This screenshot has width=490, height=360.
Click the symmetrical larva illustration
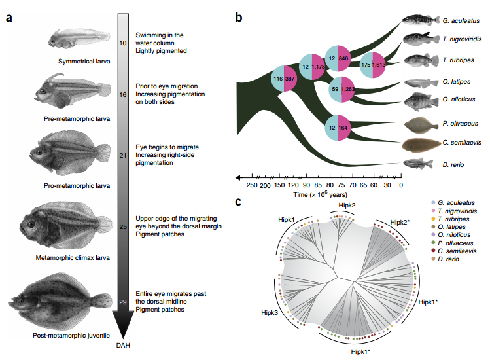click(79, 39)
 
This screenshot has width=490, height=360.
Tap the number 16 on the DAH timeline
click(123, 94)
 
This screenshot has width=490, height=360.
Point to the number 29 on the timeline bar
click(123, 302)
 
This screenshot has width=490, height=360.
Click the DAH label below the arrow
click(123, 346)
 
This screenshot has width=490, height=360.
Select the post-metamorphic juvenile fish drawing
click(61, 300)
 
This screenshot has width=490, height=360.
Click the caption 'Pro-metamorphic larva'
click(77, 185)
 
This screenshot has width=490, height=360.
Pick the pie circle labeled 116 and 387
click(284, 79)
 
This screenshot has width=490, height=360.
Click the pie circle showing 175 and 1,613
click(373, 65)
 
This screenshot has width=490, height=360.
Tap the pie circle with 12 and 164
click(338, 128)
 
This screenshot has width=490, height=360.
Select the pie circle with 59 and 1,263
click(341, 89)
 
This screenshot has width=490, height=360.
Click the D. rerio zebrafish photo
click(418, 164)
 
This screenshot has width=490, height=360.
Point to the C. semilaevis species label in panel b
click(462, 142)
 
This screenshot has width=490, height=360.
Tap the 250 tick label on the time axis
click(252, 185)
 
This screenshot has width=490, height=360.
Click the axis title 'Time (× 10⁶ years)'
click(320, 194)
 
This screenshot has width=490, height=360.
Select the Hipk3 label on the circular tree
click(270, 312)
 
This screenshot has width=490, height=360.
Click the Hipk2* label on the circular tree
click(400, 222)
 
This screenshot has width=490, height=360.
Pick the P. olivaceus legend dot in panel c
click(433, 243)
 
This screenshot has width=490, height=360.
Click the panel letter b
click(239, 17)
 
